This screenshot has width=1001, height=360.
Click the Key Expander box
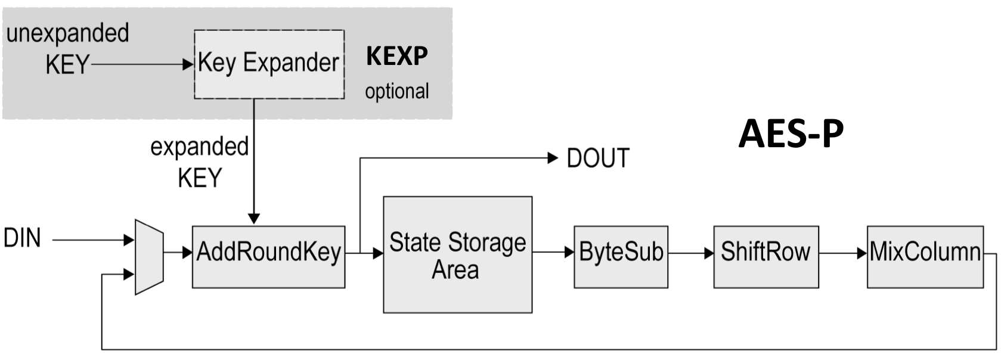[269, 64]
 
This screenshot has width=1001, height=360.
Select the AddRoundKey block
[268, 256]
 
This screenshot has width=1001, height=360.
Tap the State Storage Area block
[457, 255]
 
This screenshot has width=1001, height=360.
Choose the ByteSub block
[621, 256]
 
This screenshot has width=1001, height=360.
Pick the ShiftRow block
[766, 256]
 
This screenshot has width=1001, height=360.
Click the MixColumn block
[925, 256]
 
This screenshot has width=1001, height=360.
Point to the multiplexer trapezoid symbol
[149, 257]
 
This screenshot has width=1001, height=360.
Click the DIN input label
[22, 238]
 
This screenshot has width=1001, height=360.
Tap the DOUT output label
[598, 159]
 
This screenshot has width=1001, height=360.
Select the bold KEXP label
[397, 57]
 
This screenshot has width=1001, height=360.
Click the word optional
[397, 92]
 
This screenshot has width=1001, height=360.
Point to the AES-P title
[791, 134]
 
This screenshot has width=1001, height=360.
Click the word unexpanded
[67, 33]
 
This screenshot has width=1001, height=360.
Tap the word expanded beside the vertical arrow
[199, 147]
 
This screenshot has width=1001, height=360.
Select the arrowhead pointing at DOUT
[552, 158]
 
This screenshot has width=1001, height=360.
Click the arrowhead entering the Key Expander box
[188, 64]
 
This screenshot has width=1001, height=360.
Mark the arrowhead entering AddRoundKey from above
[254, 219]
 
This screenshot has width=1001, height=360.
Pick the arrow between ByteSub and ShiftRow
[690, 253]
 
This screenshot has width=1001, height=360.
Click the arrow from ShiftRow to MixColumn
[842, 253]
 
